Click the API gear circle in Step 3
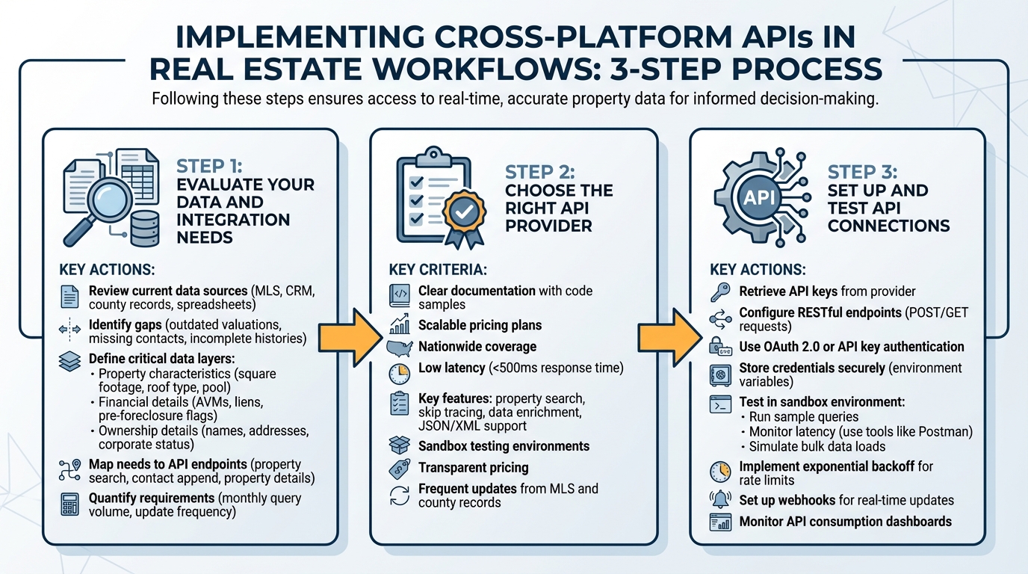click(760, 198)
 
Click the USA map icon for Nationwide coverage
click(400, 348)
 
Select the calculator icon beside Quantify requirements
click(69, 505)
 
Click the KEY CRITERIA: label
click(438, 269)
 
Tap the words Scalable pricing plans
click(480, 326)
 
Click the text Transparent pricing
click(473, 468)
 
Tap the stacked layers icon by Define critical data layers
click(69, 360)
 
